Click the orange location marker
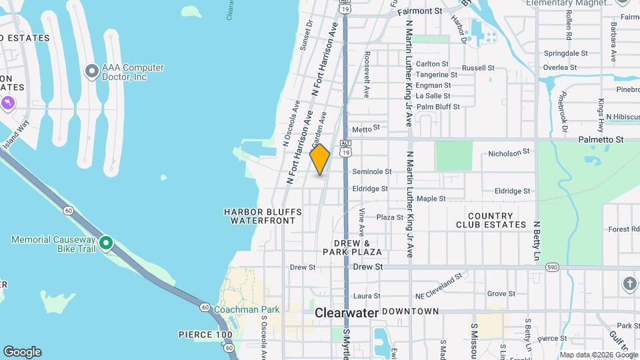tap(320, 159)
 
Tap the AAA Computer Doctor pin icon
tap(92, 71)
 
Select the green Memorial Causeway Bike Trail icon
tap(105, 242)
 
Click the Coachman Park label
tap(247, 309)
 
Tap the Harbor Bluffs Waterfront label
tap(263, 216)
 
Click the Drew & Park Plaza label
tap(353, 247)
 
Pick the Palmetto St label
tap(602, 139)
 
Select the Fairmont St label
tap(420, 11)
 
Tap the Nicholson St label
tap(509, 152)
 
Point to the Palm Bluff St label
tap(438, 107)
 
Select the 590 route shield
tap(551, 267)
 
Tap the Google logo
tap(22, 352)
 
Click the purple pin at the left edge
tap(7, 103)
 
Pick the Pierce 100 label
tap(206, 334)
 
